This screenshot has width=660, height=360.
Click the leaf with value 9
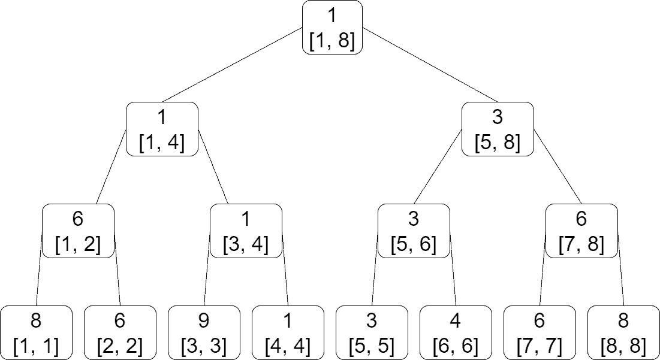pyautogui.click(x=204, y=332)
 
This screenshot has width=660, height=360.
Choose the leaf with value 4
pyautogui.click(x=456, y=332)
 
